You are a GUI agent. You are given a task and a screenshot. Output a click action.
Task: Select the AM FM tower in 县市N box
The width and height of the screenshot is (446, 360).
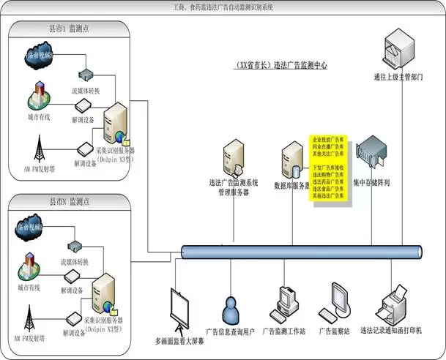(x=30, y=316)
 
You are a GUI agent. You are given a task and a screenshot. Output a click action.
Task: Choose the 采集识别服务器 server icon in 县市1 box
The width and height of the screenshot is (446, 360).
(x=115, y=124)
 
